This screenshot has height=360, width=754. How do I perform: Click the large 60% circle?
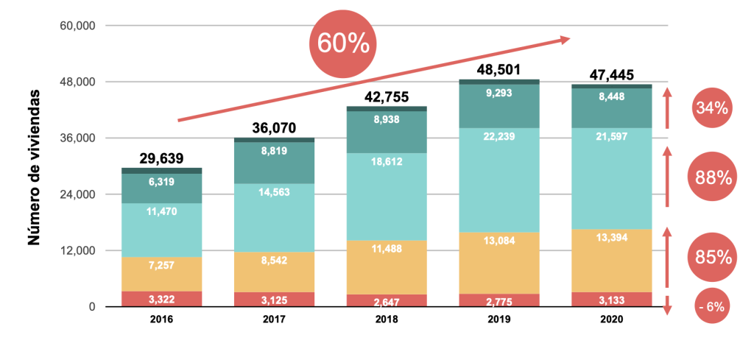342,43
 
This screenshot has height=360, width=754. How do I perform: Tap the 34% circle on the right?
712,108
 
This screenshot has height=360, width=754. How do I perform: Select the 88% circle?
712,177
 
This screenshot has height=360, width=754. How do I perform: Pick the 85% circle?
712,257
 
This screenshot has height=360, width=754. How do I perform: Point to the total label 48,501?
498,70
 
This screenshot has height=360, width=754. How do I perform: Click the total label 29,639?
162,158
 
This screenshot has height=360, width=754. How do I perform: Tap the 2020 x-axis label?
611,320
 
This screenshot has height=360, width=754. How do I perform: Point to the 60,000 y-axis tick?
77,26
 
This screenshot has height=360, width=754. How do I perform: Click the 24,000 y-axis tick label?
77,194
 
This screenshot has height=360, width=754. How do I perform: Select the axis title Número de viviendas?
33,169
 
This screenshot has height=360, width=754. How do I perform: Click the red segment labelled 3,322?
162,299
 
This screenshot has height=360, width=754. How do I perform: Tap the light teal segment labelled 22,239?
498,180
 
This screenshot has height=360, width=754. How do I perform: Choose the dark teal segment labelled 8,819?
273,163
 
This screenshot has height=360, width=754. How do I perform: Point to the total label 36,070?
273,128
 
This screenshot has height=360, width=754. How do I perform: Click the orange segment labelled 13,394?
611,261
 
